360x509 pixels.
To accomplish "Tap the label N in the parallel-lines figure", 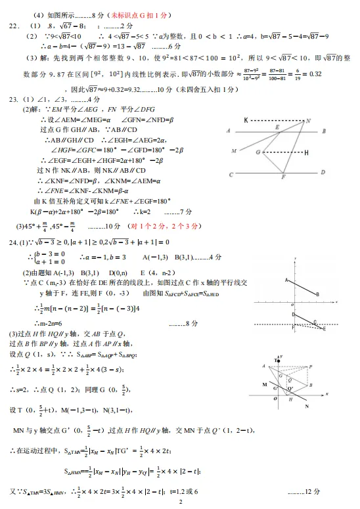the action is coord(308,121).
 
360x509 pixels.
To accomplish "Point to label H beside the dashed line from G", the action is coord(306,153).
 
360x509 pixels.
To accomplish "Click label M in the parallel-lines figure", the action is coord(234,151).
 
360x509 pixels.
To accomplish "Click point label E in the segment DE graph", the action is coord(316,321).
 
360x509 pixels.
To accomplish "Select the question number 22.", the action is coord(13,26).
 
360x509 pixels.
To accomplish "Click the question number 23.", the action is coord(13,100).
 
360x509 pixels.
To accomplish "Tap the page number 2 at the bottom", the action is coord(180,502).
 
